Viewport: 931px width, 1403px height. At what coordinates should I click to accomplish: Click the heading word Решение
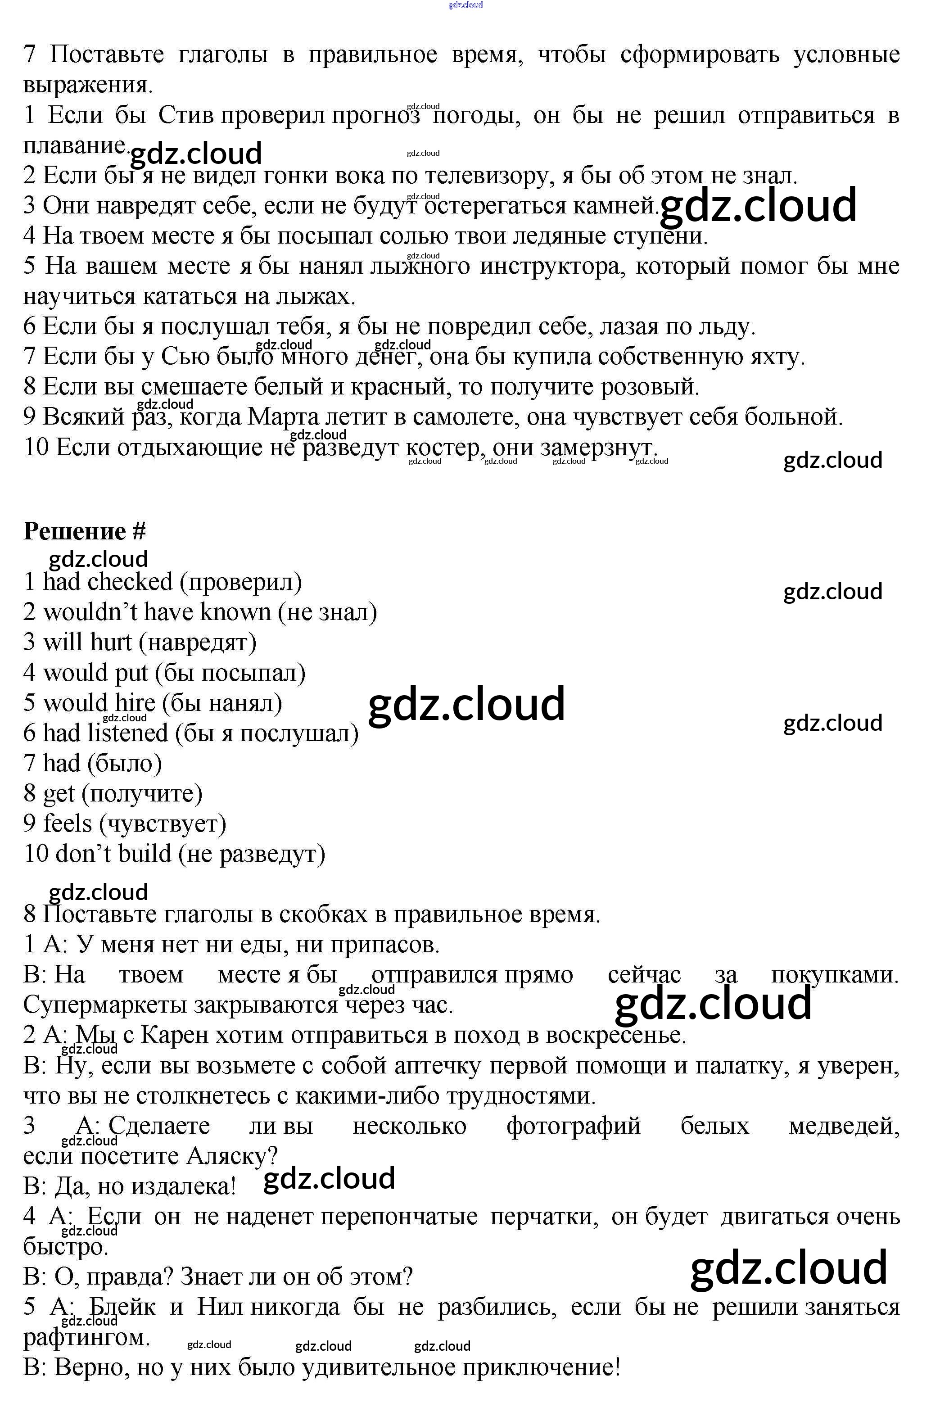74,531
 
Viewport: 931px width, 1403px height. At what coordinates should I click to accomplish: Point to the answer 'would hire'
99,702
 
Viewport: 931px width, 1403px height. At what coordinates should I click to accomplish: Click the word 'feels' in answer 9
67,824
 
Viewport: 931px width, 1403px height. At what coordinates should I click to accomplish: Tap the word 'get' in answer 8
58,793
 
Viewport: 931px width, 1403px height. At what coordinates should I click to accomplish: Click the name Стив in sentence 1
186,115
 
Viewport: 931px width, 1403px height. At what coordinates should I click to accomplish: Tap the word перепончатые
399,1217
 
